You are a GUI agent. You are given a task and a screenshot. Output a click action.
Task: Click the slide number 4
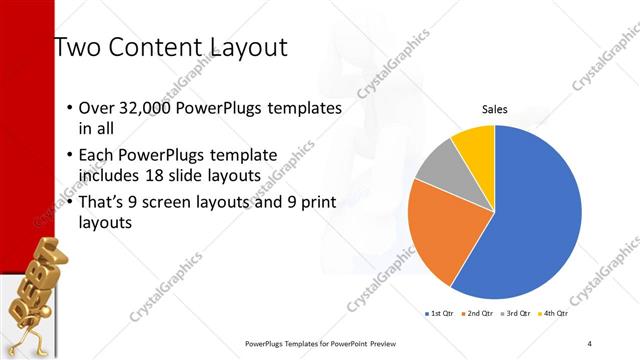tap(590, 343)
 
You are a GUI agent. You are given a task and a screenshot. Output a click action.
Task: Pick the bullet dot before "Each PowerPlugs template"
tap(69, 156)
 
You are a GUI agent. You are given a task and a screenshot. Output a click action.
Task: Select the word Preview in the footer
tap(381, 343)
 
